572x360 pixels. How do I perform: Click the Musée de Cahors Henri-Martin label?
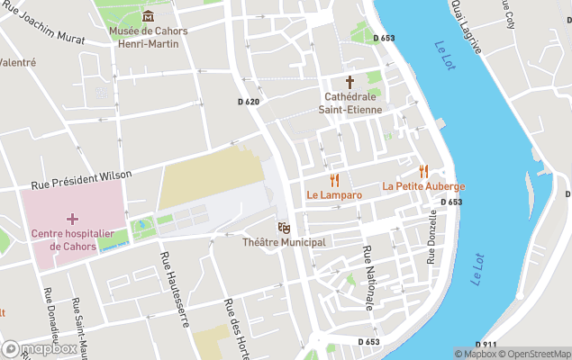pyautogui.click(x=148, y=38)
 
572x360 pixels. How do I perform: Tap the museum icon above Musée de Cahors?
pyautogui.click(x=148, y=15)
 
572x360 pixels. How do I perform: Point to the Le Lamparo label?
pyautogui.click(x=334, y=194)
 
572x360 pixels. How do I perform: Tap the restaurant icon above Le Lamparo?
pyautogui.click(x=334, y=179)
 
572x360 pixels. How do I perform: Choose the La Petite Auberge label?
pyautogui.click(x=423, y=186)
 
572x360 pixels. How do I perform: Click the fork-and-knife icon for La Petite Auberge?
pyautogui.click(x=422, y=171)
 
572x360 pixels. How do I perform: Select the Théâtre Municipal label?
pyautogui.click(x=284, y=242)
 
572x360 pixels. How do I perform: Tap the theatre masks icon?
pyautogui.click(x=284, y=227)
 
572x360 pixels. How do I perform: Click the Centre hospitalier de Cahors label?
pyautogui.click(x=73, y=240)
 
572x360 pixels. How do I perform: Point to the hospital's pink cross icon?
pyautogui.click(x=72, y=219)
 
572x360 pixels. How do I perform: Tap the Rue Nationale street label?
pyautogui.click(x=368, y=278)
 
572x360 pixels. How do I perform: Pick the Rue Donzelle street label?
pyautogui.click(x=432, y=237)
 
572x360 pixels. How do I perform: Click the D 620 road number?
pyautogui.click(x=248, y=102)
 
